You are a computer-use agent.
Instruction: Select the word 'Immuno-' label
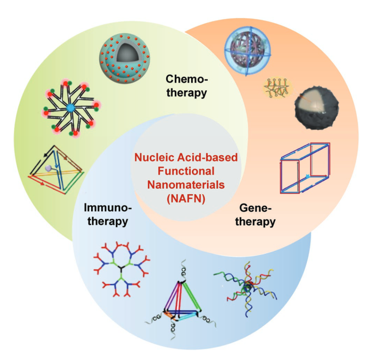(108, 208)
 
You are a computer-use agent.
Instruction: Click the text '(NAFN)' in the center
(186, 199)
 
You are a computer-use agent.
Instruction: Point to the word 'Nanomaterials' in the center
(186, 185)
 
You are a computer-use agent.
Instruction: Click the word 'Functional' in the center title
(186, 171)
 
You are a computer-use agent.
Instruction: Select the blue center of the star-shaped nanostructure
(71, 108)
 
